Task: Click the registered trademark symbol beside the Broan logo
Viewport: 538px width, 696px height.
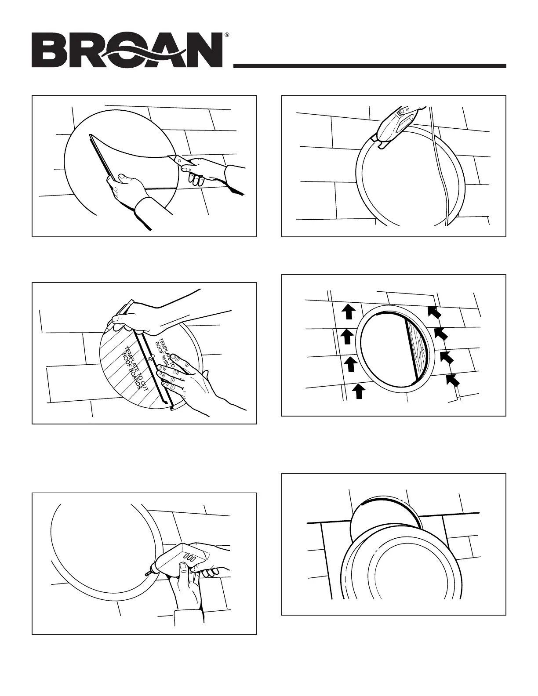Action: [x=226, y=34]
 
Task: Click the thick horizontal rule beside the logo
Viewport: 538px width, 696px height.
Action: [x=369, y=66]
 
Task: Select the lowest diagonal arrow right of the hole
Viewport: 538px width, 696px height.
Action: [x=453, y=380]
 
